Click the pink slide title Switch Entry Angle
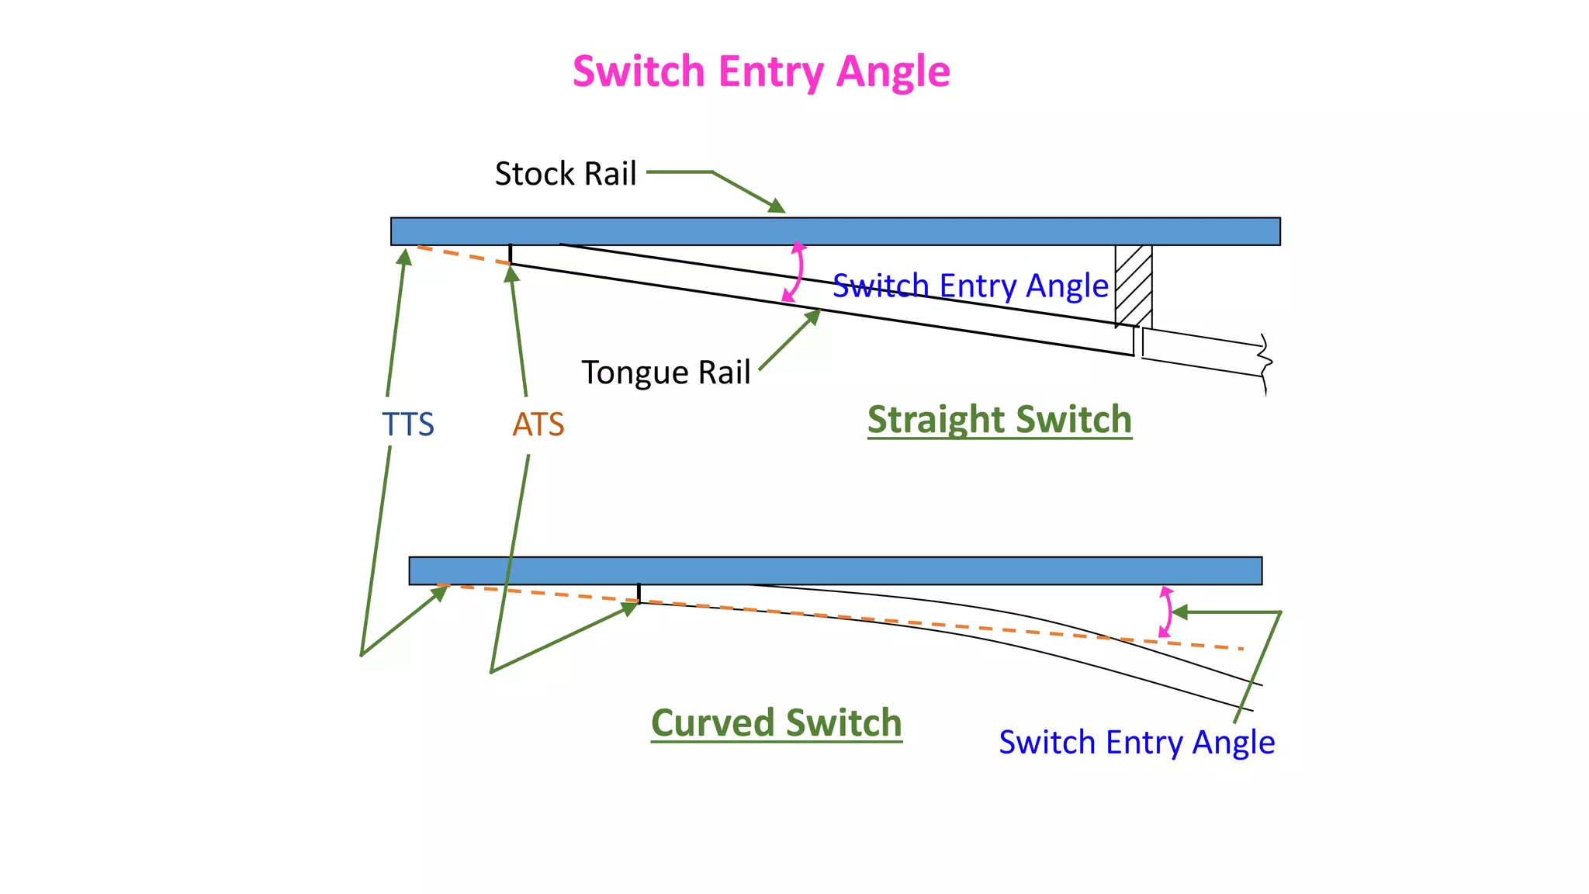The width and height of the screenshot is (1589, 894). coord(761,71)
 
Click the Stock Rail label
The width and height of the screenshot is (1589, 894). coord(565,174)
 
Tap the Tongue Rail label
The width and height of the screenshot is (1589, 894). coord(666,372)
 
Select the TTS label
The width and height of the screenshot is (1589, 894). coord(407,424)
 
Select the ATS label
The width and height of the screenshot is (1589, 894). coord(538,424)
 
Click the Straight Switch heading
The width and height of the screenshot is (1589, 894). coord(999,420)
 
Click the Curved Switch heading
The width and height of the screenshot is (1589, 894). coord(776,723)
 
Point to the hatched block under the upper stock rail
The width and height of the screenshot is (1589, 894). coord(1134,286)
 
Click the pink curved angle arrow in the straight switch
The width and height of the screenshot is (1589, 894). coord(798,272)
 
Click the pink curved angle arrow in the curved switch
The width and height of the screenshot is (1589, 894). coord(1168,612)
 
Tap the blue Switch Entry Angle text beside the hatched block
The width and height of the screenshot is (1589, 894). coord(970,286)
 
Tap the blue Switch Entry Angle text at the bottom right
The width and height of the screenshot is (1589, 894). coord(1137,743)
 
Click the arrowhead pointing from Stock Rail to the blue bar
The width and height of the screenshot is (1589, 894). coord(777,206)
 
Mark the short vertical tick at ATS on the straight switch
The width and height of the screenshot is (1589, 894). coord(510,255)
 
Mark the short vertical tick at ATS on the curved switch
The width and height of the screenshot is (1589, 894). coord(639,593)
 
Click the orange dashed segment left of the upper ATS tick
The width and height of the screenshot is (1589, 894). coord(463,255)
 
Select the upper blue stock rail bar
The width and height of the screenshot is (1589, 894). coord(835,231)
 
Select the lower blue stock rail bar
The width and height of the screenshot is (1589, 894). coord(835,570)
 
